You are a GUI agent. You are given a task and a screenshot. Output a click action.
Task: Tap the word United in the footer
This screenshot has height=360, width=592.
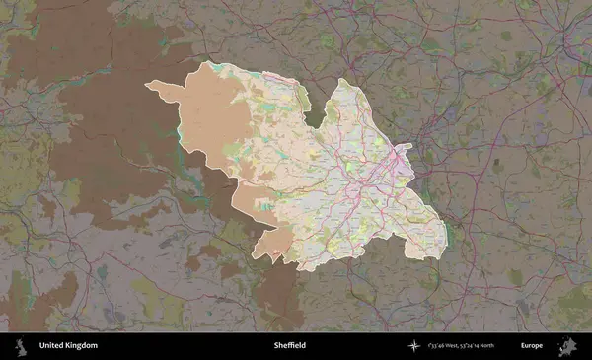pos(49,346)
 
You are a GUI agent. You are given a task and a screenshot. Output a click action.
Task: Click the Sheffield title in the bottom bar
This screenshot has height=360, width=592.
pos(290,346)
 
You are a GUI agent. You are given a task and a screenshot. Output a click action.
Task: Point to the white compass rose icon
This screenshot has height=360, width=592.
pos(414,346)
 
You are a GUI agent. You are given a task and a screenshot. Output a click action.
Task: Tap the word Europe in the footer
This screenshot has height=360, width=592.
pos(532,346)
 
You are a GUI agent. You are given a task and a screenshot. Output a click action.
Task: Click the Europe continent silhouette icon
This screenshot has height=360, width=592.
pos(566,346)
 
